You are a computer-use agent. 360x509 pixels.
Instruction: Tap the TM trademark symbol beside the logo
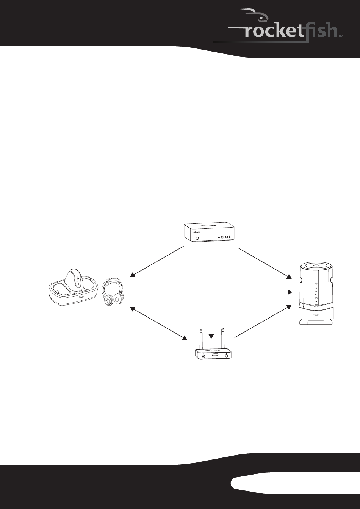tap(341, 36)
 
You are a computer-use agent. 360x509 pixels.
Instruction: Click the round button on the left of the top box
tap(197, 237)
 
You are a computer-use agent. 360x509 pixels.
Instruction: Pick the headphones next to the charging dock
tap(113, 291)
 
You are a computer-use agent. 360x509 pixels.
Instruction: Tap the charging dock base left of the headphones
tap(74, 295)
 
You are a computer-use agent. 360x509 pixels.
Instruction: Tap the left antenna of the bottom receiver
tap(201, 339)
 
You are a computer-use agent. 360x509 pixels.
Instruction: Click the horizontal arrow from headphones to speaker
tap(211, 292)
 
